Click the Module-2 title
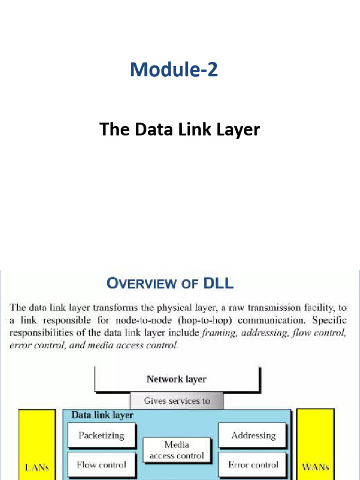click(174, 70)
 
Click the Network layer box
click(176, 379)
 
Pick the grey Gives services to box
click(177, 401)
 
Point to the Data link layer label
click(102, 415)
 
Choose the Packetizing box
click(101, 435)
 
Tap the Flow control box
click(101, 465)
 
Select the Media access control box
click(177, 450)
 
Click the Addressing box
click(253, 435)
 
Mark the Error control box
click(253, 465)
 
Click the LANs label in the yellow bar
click(37, 467)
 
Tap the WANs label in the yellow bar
click(315, 467)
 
